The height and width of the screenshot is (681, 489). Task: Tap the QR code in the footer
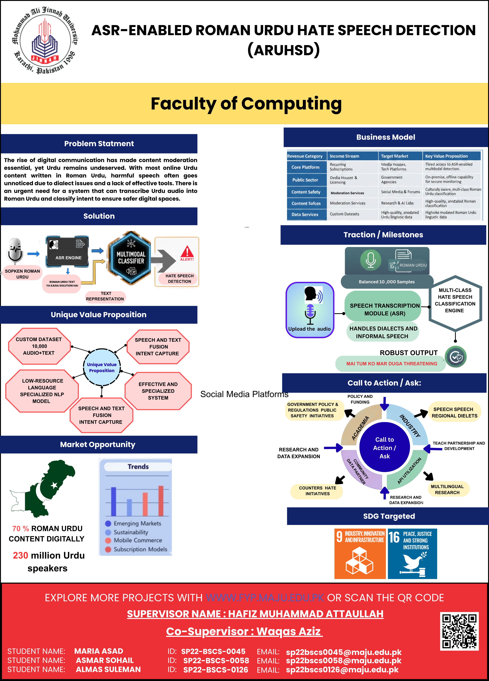459,631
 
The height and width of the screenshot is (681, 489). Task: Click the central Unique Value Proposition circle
102,367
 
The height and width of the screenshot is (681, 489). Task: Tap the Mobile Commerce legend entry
138,540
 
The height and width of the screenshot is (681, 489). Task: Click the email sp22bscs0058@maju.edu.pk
344,661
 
